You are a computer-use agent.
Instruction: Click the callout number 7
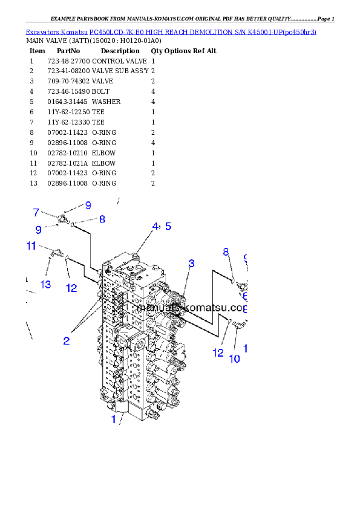pos(36,212)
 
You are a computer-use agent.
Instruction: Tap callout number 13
pos(45,285)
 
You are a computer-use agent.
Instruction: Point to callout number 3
pos(191,263)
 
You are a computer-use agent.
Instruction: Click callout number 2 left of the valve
pos(67,341)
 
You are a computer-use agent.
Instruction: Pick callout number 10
pos(234,358)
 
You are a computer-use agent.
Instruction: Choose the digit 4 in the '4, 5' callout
pos(155,226)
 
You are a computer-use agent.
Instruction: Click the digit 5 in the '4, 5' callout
pos(168,226)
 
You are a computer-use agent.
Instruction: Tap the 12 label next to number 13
pos(71,288)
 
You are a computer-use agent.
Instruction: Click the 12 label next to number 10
pos(218,353)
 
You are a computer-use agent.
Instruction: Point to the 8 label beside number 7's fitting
pos(102,219)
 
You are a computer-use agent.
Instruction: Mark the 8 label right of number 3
pos(226,252)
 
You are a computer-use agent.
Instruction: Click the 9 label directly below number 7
pos(38,230)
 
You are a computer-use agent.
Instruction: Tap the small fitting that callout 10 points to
pos(237,326)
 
